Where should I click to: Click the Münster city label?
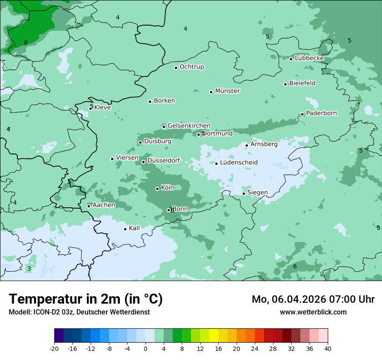227,91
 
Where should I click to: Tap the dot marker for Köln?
157,189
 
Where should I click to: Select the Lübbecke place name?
309,58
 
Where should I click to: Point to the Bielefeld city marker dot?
286,84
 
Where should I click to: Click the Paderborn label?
321,113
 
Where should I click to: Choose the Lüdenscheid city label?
239,163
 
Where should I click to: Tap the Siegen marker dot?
244,193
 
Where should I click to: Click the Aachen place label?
104,205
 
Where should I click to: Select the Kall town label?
135,228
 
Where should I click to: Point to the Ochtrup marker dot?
176,68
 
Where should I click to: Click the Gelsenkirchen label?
189,126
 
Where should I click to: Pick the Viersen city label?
127,158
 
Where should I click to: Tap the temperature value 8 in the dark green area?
26,43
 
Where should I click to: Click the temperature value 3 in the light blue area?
29,269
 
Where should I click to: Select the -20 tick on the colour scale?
54,349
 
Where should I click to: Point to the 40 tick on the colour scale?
328,349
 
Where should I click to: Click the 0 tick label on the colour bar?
145,349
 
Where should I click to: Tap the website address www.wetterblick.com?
313,312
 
